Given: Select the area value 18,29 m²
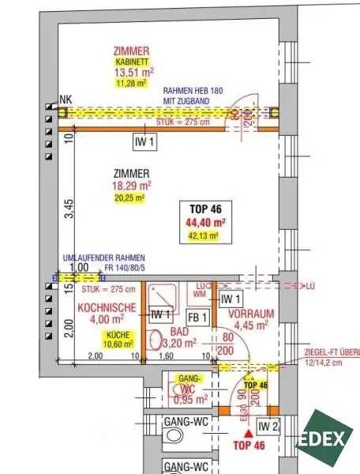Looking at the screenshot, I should click(132, 186).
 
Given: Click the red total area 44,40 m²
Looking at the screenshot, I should click(206, 222).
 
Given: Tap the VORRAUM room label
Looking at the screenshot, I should click(251, 313).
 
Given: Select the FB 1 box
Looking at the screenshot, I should click(199, 318).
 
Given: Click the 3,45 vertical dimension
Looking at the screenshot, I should click(69, 209).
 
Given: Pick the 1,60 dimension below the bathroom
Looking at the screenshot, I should click(167, 356).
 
